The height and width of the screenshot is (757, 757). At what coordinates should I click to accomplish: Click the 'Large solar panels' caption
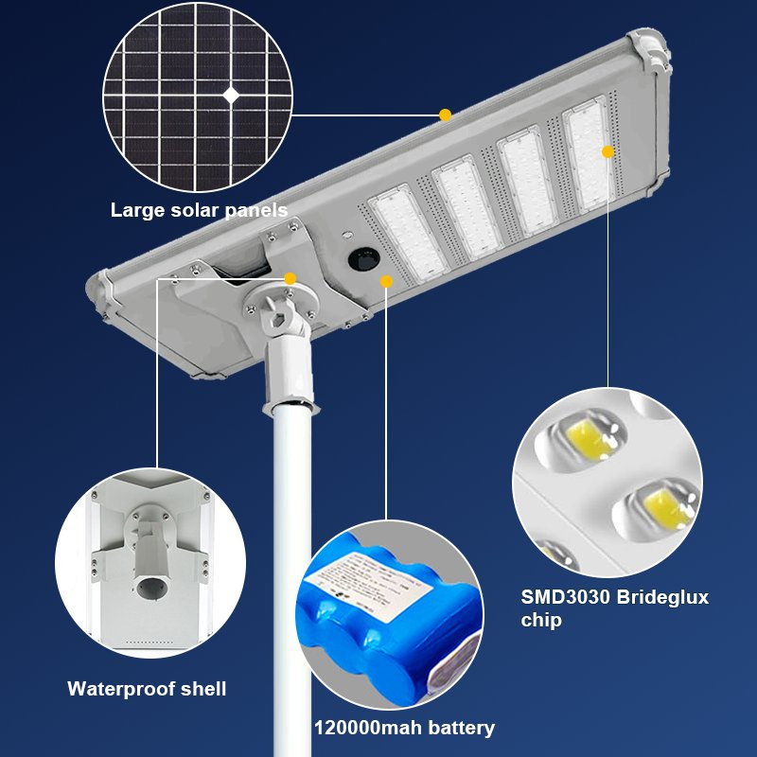pos(199,210)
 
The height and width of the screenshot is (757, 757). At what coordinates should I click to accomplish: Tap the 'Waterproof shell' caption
pos(147,689)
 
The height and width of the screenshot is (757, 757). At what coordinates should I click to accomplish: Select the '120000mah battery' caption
pos(404,728)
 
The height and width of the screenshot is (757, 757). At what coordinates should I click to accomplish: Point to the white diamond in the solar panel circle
pos(231,94)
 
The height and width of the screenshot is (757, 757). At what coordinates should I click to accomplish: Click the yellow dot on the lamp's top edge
pos(445,114)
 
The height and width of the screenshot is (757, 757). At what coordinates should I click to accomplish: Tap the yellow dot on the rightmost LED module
pos(607,151)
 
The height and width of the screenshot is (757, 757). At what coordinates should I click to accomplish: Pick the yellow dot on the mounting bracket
pos(290,278)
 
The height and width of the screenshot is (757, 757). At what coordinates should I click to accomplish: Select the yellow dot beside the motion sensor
pos(386,280)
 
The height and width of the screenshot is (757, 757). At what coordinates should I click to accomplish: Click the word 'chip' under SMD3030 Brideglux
pos(541,621)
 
